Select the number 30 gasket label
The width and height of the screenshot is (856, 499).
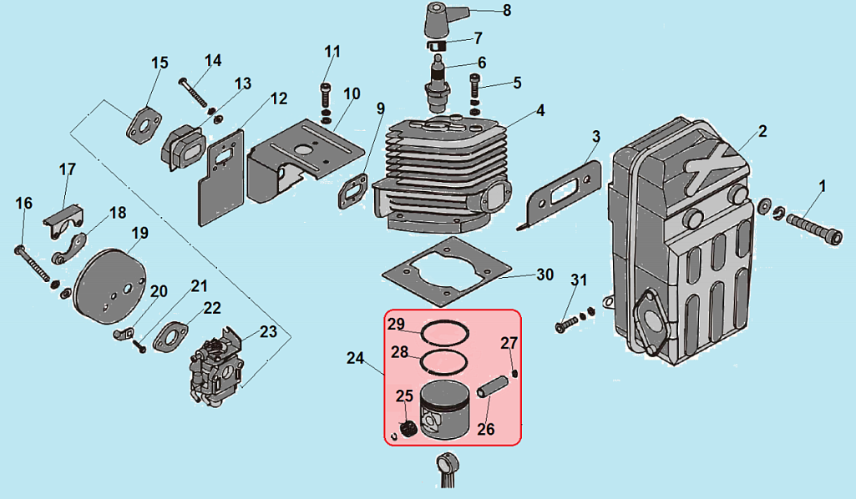[x=544, y=275]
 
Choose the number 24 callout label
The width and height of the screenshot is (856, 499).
[x=356, y=359]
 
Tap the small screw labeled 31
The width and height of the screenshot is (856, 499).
[x=565, y=321]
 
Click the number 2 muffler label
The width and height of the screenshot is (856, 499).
[x=762, y=132]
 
